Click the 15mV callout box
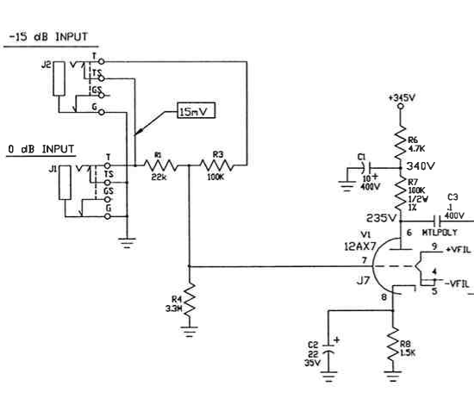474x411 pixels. pos(196,111)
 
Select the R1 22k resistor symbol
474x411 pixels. pos(160,165)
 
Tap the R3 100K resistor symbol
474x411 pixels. pos(216,165)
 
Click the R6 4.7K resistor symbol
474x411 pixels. pos(401,143)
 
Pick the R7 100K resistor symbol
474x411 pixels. pos(401,193)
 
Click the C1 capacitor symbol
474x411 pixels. pos(365,168)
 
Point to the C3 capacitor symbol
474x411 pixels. pos(437,221)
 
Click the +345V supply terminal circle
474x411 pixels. pos(401,106)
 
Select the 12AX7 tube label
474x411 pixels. pos(359,246)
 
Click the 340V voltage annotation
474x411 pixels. pos(421,166)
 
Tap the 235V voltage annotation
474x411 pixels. pos(381,218)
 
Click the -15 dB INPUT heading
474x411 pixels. pos(48,37)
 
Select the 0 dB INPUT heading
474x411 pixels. pos(41,149)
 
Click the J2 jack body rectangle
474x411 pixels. pos(59,79)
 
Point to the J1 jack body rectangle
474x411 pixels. pos(65,183)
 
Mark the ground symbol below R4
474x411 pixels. pos(190,332)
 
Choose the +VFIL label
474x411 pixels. pos(458,250)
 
